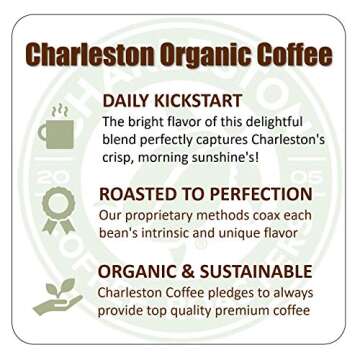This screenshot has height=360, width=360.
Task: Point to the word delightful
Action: [x=291, y=122]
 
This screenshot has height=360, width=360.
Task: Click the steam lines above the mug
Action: [x=59, y=111]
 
